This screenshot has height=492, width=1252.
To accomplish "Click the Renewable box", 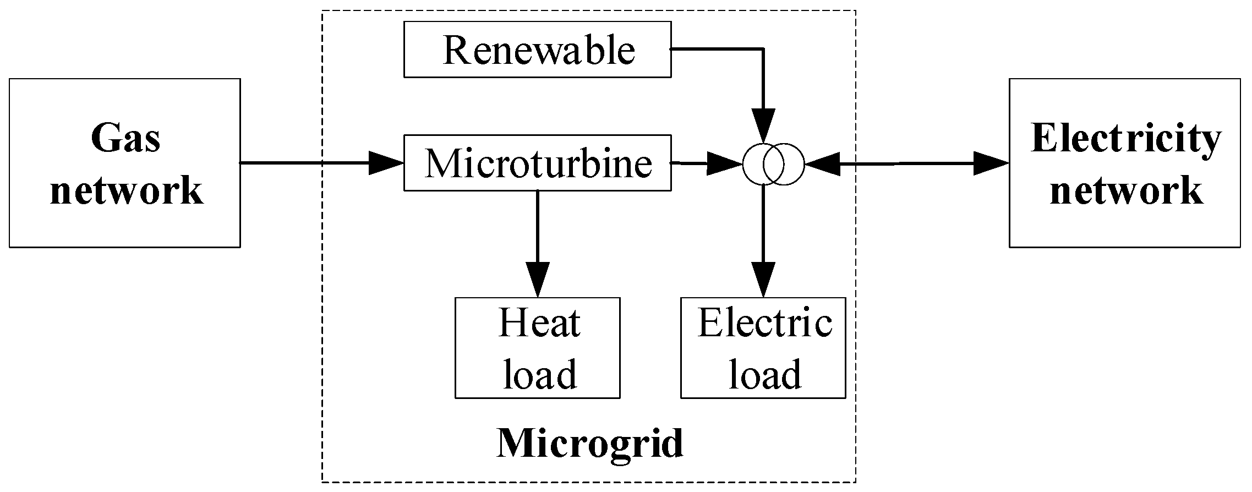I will click(537, 50).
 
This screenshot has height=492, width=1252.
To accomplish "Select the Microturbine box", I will click(537, 163).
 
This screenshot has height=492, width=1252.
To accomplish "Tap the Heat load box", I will click(537, 348).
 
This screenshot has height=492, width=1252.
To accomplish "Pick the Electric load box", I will click(763, 348).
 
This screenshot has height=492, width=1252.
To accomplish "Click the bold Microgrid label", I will click(590, 444).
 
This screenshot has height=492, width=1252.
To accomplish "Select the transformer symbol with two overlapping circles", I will click(773, 163).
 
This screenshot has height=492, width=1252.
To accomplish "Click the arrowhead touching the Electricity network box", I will click(991, 163).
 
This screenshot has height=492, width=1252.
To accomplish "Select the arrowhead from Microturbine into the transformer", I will click(724, 163).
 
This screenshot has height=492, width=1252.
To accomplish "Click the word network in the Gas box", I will click(127, 190).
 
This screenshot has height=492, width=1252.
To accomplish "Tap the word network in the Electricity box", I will click(1126, 190).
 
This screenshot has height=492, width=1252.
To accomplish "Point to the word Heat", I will click(539, 323).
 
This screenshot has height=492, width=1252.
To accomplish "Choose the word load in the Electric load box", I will click(765, 374).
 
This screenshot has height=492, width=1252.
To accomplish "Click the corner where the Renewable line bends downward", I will click(763, 50).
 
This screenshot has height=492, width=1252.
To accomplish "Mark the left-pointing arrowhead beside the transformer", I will click(822, 163).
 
